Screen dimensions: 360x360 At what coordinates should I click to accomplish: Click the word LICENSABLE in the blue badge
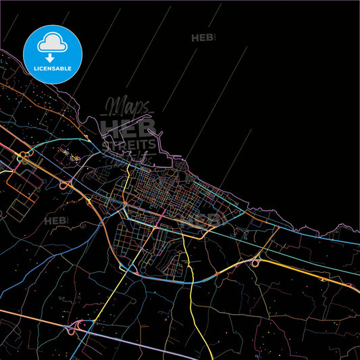click(x=53, y=68)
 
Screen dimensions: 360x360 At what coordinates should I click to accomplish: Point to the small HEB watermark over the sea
click(x=203, y=38)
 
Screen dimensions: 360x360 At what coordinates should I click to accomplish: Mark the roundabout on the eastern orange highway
click(x=256, y=263)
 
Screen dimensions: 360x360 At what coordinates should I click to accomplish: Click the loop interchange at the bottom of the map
click(x=70, y=330)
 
